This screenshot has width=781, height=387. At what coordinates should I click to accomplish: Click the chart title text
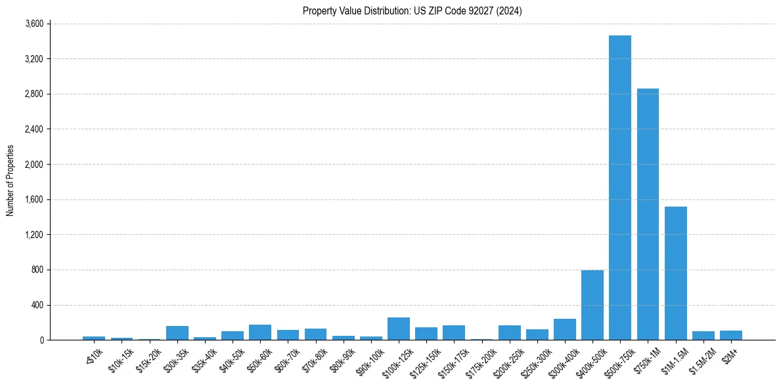click(413, 11)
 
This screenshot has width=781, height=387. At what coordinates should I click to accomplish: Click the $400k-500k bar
click(592, 305)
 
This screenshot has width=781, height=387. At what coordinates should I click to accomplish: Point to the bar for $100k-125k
click(399, 329)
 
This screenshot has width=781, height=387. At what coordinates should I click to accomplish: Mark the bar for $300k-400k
click(565, 329)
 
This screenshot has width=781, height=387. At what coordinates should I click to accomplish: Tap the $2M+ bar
click(731, 335)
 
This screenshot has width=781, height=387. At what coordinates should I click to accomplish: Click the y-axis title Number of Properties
click(11, 181)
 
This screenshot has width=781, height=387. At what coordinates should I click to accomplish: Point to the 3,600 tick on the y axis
click(33, 24)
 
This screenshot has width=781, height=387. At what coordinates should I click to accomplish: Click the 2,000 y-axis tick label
click(33, 165)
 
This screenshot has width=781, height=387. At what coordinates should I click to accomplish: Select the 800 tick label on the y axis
click(37, 270)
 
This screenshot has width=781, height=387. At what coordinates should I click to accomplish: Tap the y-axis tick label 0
click(41, 340)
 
